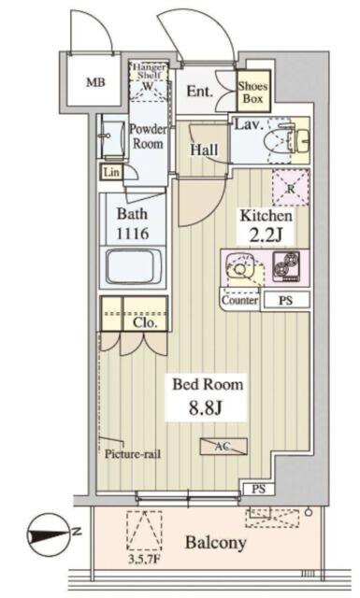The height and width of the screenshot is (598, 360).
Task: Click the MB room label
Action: tap(95, 82)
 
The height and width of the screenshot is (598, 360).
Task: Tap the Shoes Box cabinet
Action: tap(253, 92)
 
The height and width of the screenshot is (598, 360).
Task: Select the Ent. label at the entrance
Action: tap(199, 92)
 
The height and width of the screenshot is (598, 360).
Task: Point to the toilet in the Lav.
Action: tap(281, 140)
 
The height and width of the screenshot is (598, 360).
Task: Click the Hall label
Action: tap(204, 149)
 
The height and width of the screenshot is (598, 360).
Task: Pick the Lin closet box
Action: tap(111, 172)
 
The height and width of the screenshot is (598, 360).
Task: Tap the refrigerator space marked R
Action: tap(291, 188)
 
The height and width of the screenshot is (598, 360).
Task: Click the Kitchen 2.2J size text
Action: tap(266, 235)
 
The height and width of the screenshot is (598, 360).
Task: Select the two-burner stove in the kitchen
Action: tap(286, 266)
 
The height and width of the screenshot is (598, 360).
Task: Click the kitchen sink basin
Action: tap(239, 268)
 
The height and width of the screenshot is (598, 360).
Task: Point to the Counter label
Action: tap(239, 301)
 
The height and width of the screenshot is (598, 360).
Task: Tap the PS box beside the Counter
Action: tap(285, 301)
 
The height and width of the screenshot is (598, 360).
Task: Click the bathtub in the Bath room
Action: tap(133, 266)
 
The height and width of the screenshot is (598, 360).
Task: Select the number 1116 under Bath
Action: tap(133, 234)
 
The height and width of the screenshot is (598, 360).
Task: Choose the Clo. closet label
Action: tap(145, 323)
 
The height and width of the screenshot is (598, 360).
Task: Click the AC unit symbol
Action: tap(223, 447)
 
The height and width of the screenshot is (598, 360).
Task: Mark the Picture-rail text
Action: tap(133, 454)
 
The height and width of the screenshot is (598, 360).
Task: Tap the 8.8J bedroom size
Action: tap(206, 408)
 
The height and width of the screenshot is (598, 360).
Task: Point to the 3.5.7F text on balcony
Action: tap(144, 561)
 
